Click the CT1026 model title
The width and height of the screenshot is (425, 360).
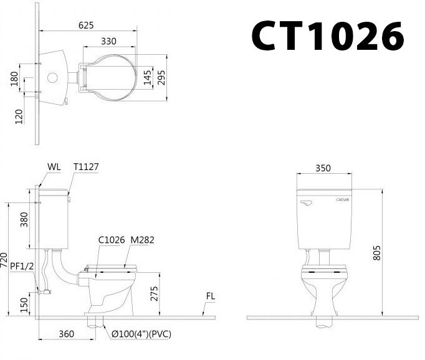(x=327, y=36)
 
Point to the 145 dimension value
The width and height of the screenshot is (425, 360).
(x=147, y=78)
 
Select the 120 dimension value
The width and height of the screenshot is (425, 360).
(x=19, y=116)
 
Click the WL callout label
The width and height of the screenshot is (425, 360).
(x=54, y=167)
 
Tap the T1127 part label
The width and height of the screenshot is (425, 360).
(x=86, y=167)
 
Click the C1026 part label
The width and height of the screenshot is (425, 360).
(x=111, y=240)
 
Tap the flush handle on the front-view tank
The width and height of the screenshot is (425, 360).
(x=306, y=203)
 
